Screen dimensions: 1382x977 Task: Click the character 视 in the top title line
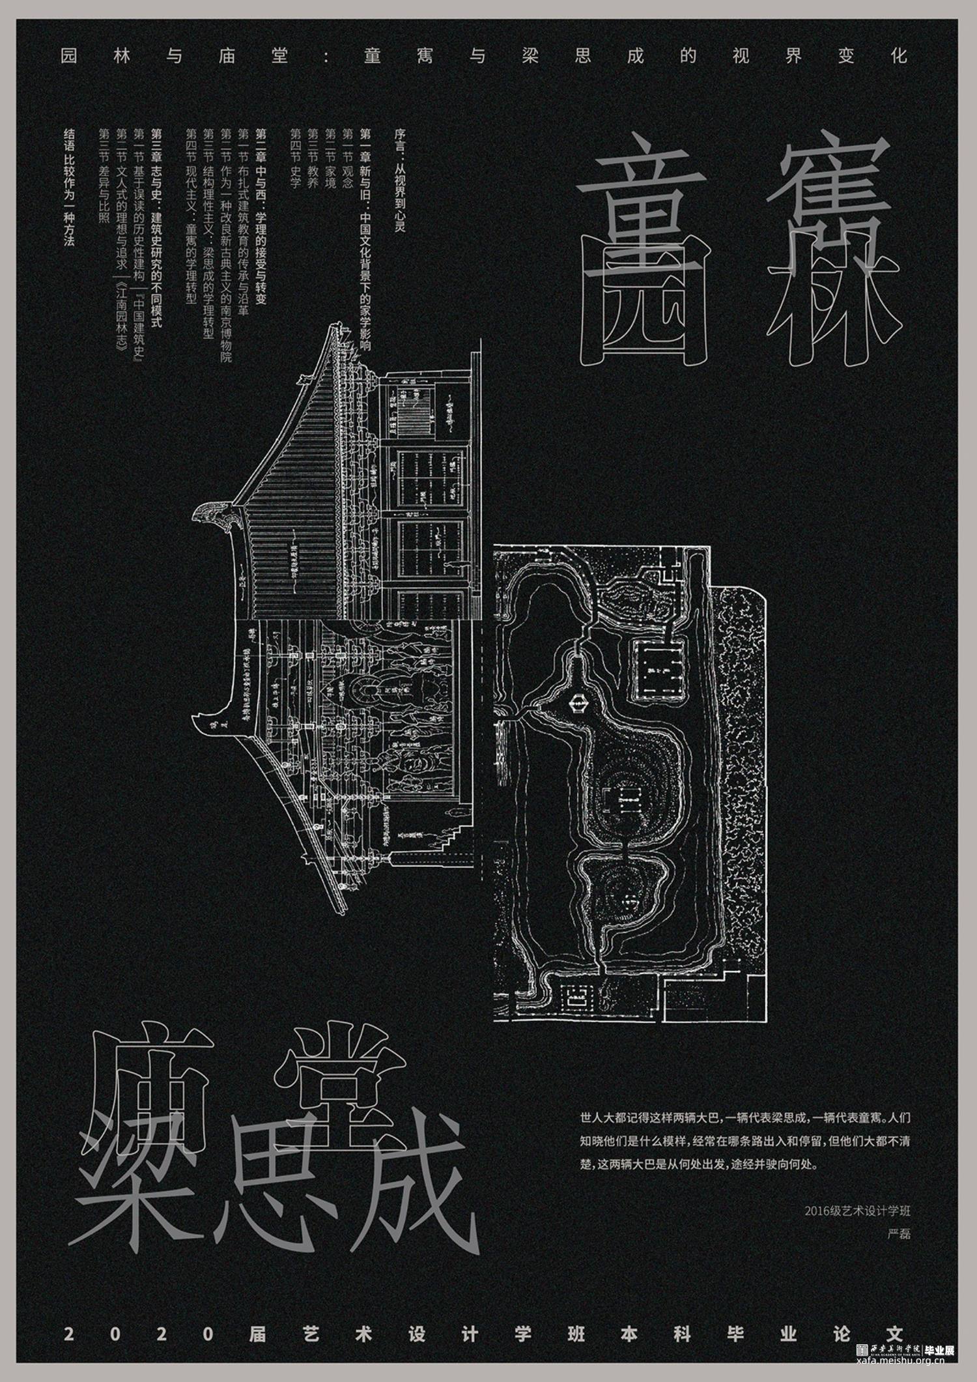pos(741,56)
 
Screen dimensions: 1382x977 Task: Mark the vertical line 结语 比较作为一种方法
pos(69,186)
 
